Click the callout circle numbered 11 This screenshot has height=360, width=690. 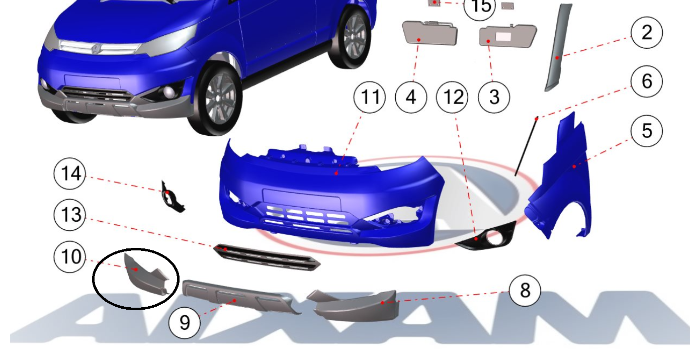369,98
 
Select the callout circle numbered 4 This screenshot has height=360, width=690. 411,98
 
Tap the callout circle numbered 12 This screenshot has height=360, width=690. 452,98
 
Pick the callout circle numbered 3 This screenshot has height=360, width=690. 494,98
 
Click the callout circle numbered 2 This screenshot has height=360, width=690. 647,33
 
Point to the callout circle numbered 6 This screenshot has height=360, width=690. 647,81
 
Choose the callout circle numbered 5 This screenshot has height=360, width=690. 647,131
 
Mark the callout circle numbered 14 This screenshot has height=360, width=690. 69,173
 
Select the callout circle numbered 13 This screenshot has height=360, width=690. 69,215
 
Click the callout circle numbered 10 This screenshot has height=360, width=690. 69,256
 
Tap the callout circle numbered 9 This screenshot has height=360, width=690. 185,323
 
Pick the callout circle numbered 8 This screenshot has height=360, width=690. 525,291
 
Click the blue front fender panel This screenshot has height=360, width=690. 559,178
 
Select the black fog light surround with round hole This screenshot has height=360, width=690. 487,237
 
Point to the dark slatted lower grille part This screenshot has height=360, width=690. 267,257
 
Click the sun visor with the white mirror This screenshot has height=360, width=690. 507,36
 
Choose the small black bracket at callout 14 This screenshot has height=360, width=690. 172,197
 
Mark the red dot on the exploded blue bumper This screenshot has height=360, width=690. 336,173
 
